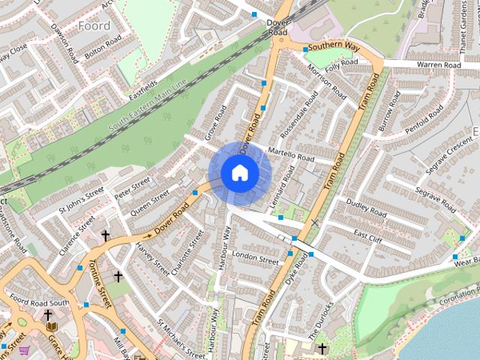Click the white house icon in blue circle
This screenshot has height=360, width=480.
coord(239,173)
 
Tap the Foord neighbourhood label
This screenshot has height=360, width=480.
coord(94,25)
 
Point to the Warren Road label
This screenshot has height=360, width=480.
coord(439,65)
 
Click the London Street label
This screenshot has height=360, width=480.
coord(256,256)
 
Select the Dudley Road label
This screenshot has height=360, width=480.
coord(366,208)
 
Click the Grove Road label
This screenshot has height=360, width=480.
coord(216,124)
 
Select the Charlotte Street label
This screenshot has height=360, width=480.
coord(187,251)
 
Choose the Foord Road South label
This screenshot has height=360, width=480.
coord(39,301)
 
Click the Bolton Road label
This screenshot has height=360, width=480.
coord(103,49)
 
